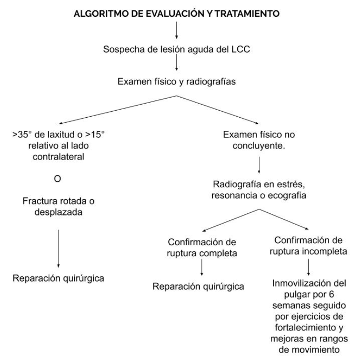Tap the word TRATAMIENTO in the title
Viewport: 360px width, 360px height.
(247, 14)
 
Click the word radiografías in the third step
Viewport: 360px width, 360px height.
(211, 82)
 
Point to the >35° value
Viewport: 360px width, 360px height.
(22, 134)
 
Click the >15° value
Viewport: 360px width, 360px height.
(95, 134)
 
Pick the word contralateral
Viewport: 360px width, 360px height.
(58, 157)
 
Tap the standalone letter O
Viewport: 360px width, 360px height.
(57, 179)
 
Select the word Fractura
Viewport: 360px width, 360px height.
(40, 201)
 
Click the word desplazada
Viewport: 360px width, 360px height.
(58, 212)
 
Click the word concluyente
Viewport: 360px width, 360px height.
(259, 146)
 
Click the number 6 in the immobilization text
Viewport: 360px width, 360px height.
(331, 295)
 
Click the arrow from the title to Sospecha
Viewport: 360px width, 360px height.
(177, 30)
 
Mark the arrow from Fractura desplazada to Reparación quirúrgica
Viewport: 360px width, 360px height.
(58, 249)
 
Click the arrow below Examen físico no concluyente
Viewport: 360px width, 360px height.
(259, 165)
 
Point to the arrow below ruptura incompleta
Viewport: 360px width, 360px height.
(308, 267)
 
